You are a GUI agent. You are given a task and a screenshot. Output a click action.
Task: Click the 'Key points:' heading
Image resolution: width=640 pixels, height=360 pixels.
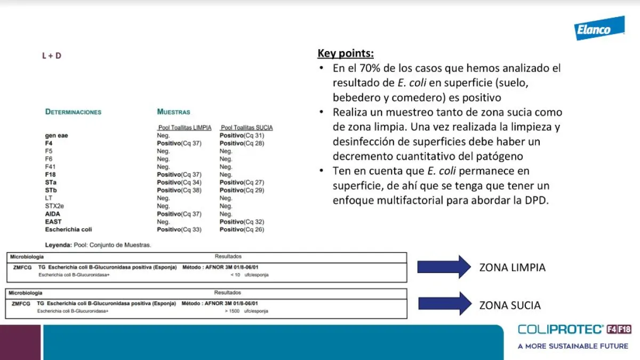click(x=346, y=53)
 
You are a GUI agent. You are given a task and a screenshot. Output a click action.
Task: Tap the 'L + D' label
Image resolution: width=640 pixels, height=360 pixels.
click(x=52, y=55)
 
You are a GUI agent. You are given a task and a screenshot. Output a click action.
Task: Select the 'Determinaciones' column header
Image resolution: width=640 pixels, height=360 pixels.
click(x=73, y=112)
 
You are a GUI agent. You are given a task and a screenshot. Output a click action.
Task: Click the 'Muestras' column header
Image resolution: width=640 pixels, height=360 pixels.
click(x=173, y=112)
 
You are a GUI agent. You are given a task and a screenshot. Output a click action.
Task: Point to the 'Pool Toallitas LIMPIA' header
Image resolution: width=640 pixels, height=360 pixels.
click(x=185, y=128)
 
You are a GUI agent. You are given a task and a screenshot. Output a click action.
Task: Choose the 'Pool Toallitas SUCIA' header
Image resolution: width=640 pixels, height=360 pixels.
click(x=246, y=128)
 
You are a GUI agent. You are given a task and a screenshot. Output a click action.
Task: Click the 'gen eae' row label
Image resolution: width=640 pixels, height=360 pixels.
click(x=57, y=135)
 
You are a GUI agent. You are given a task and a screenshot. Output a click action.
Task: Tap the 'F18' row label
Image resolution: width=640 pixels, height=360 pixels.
click(x=51, y=174)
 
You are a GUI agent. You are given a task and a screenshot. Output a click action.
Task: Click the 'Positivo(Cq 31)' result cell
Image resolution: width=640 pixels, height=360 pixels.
click(x=242, y=135)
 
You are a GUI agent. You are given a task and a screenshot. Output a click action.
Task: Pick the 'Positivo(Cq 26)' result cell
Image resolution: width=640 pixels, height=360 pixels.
click(x=242, y=229)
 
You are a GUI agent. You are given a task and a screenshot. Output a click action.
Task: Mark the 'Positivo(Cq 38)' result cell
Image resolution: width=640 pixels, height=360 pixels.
click(x=179, y=190)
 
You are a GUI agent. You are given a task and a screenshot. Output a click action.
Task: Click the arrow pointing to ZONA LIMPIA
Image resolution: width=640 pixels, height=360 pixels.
click(x=444, y=267)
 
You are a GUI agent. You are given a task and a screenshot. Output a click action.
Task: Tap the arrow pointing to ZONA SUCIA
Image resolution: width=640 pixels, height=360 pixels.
click(x=444, y=303)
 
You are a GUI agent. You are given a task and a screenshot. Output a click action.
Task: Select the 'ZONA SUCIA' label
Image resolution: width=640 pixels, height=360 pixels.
click(x=510, y=306)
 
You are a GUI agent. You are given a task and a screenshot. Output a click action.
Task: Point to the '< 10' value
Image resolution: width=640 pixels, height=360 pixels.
click(x=236, y=275)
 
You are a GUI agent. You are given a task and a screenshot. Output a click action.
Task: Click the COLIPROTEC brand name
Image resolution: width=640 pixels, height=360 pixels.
click(x=561, y=330)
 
